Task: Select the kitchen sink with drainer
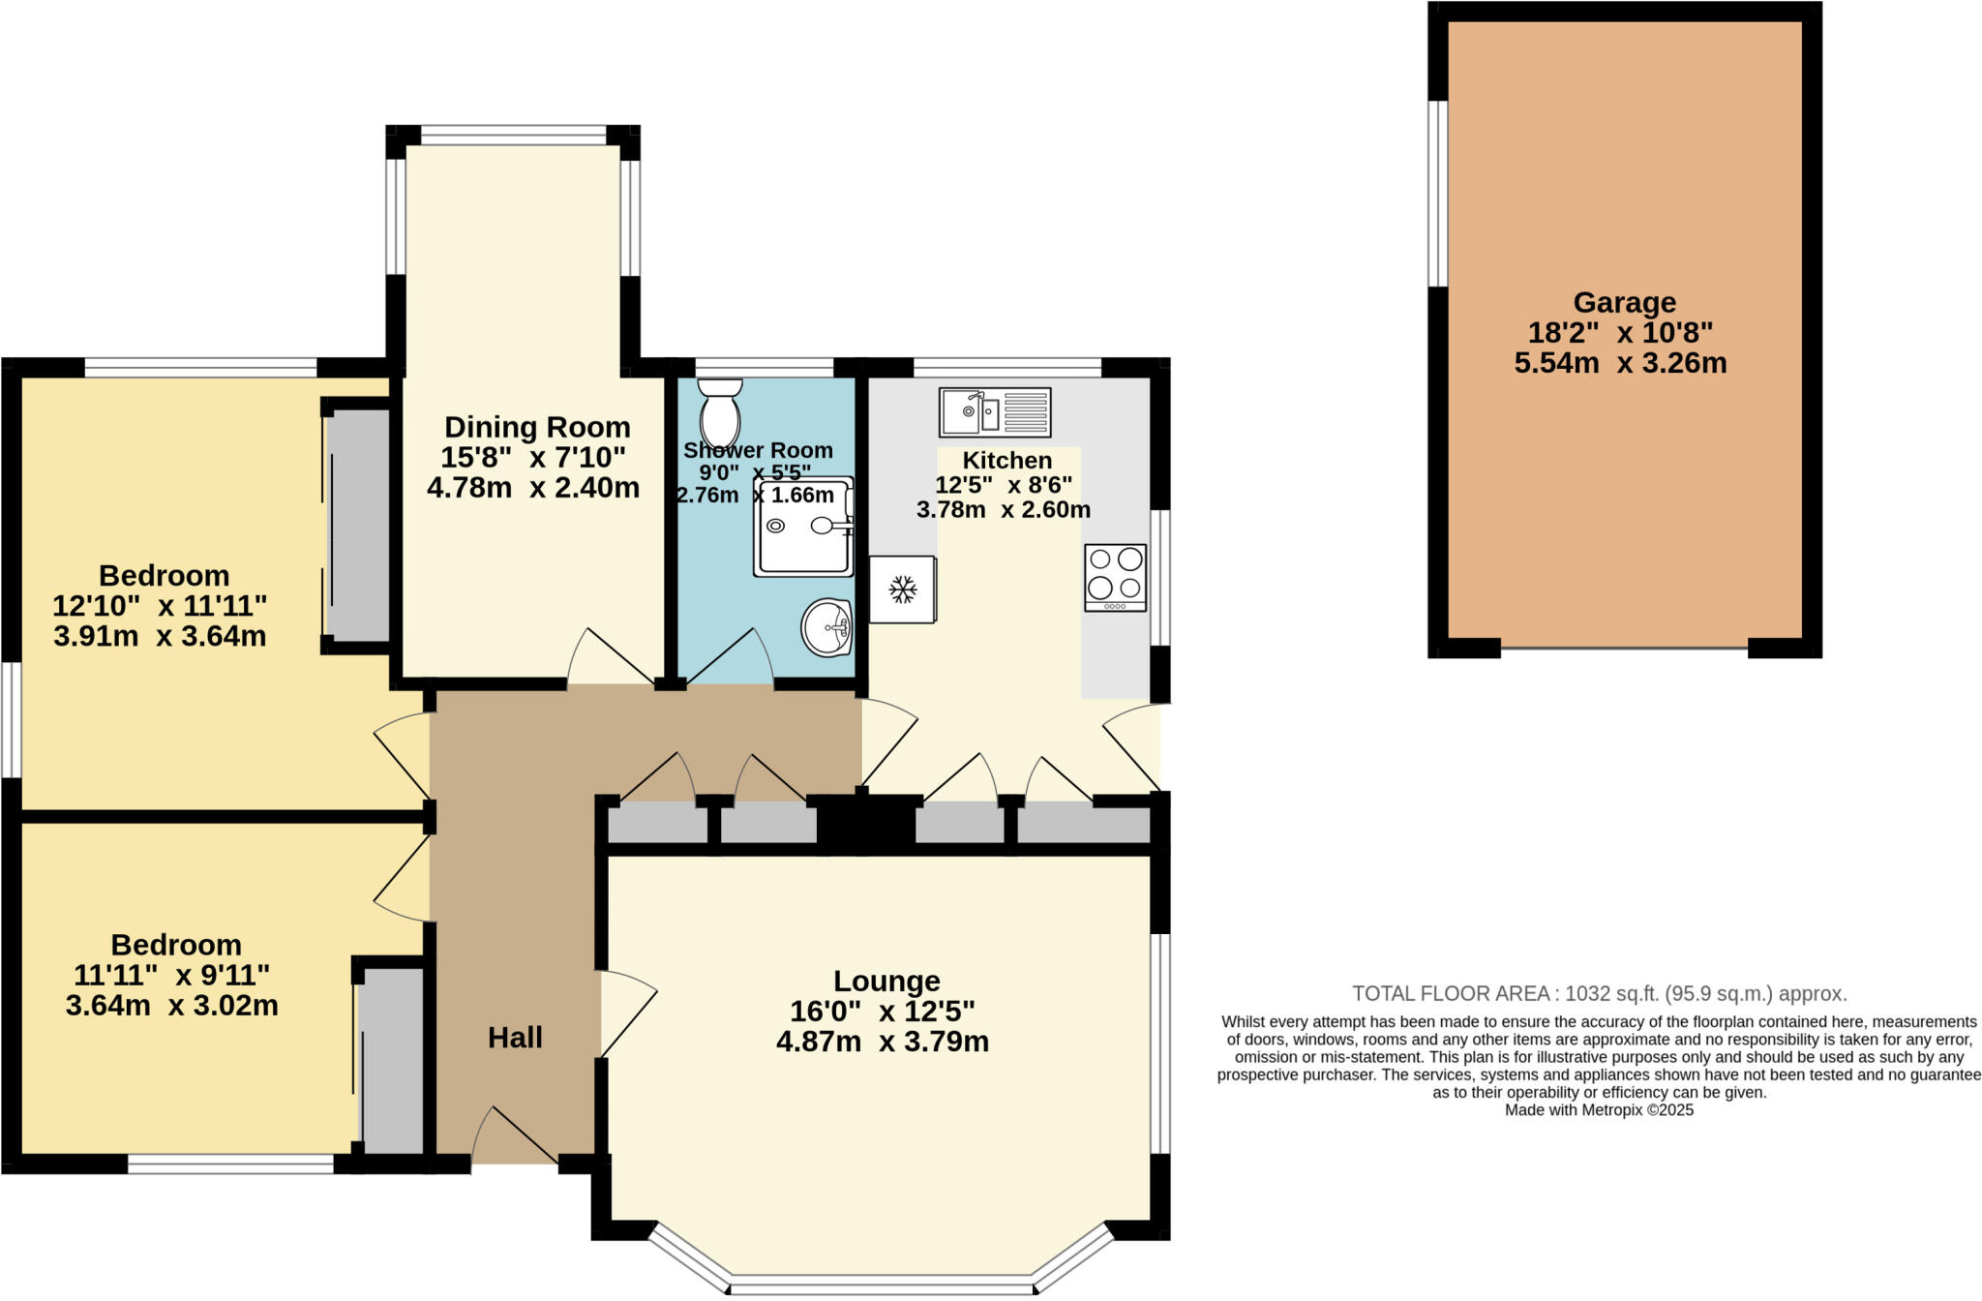click(x=995, y=412)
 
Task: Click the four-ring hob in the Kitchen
click(x=1115, y=577)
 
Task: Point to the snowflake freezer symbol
click(x=902, y=589)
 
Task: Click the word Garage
click(x=1624, y=303)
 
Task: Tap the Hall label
click(x=515, y=1038)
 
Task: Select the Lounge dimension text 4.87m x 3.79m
click(x=882, y=1043)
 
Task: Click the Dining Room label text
click(x=537, y=427)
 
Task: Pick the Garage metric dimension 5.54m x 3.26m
click(x=1620, y=364)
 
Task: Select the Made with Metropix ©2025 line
click(x=1599, y=1110)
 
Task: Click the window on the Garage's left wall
click(x=1438, y=194)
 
